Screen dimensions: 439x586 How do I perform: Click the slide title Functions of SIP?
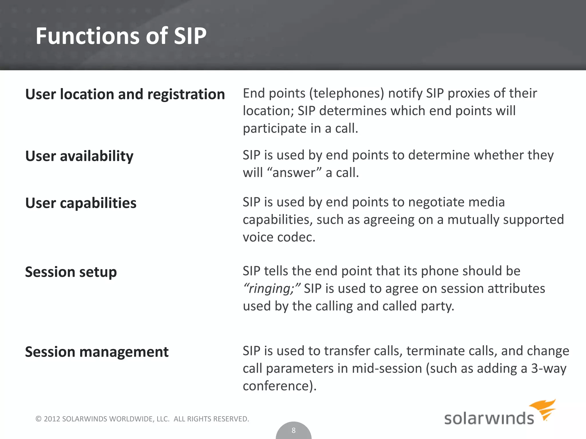[x=121, y=36]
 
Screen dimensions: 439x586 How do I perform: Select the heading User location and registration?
[x=125, y=94]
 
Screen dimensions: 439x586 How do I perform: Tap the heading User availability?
[x=79, y=156]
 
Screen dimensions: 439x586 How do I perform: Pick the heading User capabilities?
[x=81, y=203]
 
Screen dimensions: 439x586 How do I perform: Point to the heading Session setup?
[x=71, y=272]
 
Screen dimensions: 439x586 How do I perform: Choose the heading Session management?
[x=97, y=352]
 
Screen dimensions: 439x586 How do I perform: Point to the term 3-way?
[x=549, y=368]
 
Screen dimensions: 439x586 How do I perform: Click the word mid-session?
[x=387, y=368]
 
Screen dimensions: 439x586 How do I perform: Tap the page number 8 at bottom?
[x=293, y=430]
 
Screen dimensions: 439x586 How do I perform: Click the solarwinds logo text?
[x=489, y=418]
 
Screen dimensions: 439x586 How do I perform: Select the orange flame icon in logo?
[x=543, y=409]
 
